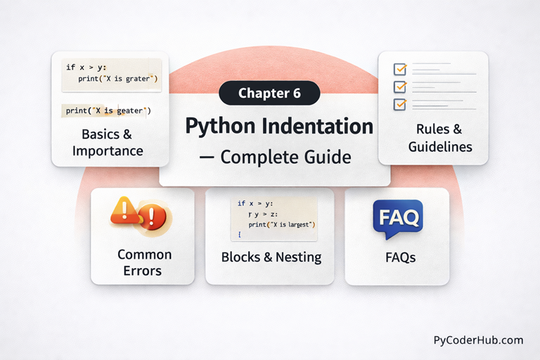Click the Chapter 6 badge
[269, 93]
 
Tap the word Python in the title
[217, 127]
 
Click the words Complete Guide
[285, 157]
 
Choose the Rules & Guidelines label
[433, 139]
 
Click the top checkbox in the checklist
[400, 70]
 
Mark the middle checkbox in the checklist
[400, 87]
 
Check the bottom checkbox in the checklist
[400, 104]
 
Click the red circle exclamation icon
[155, 217]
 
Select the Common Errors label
[144, 262]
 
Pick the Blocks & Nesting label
[271, 257]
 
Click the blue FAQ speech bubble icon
[397, 217]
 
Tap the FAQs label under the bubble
[400, 258]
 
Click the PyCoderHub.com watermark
[478, 340]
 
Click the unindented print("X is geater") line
[108, 110]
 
